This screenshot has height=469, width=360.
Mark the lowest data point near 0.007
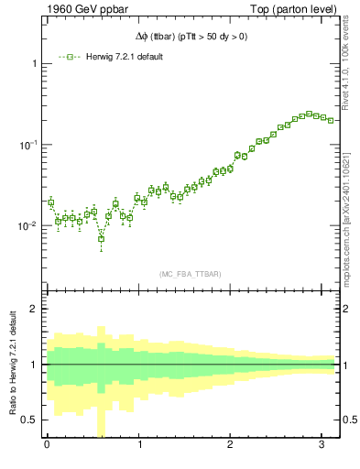tap(101, 238)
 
